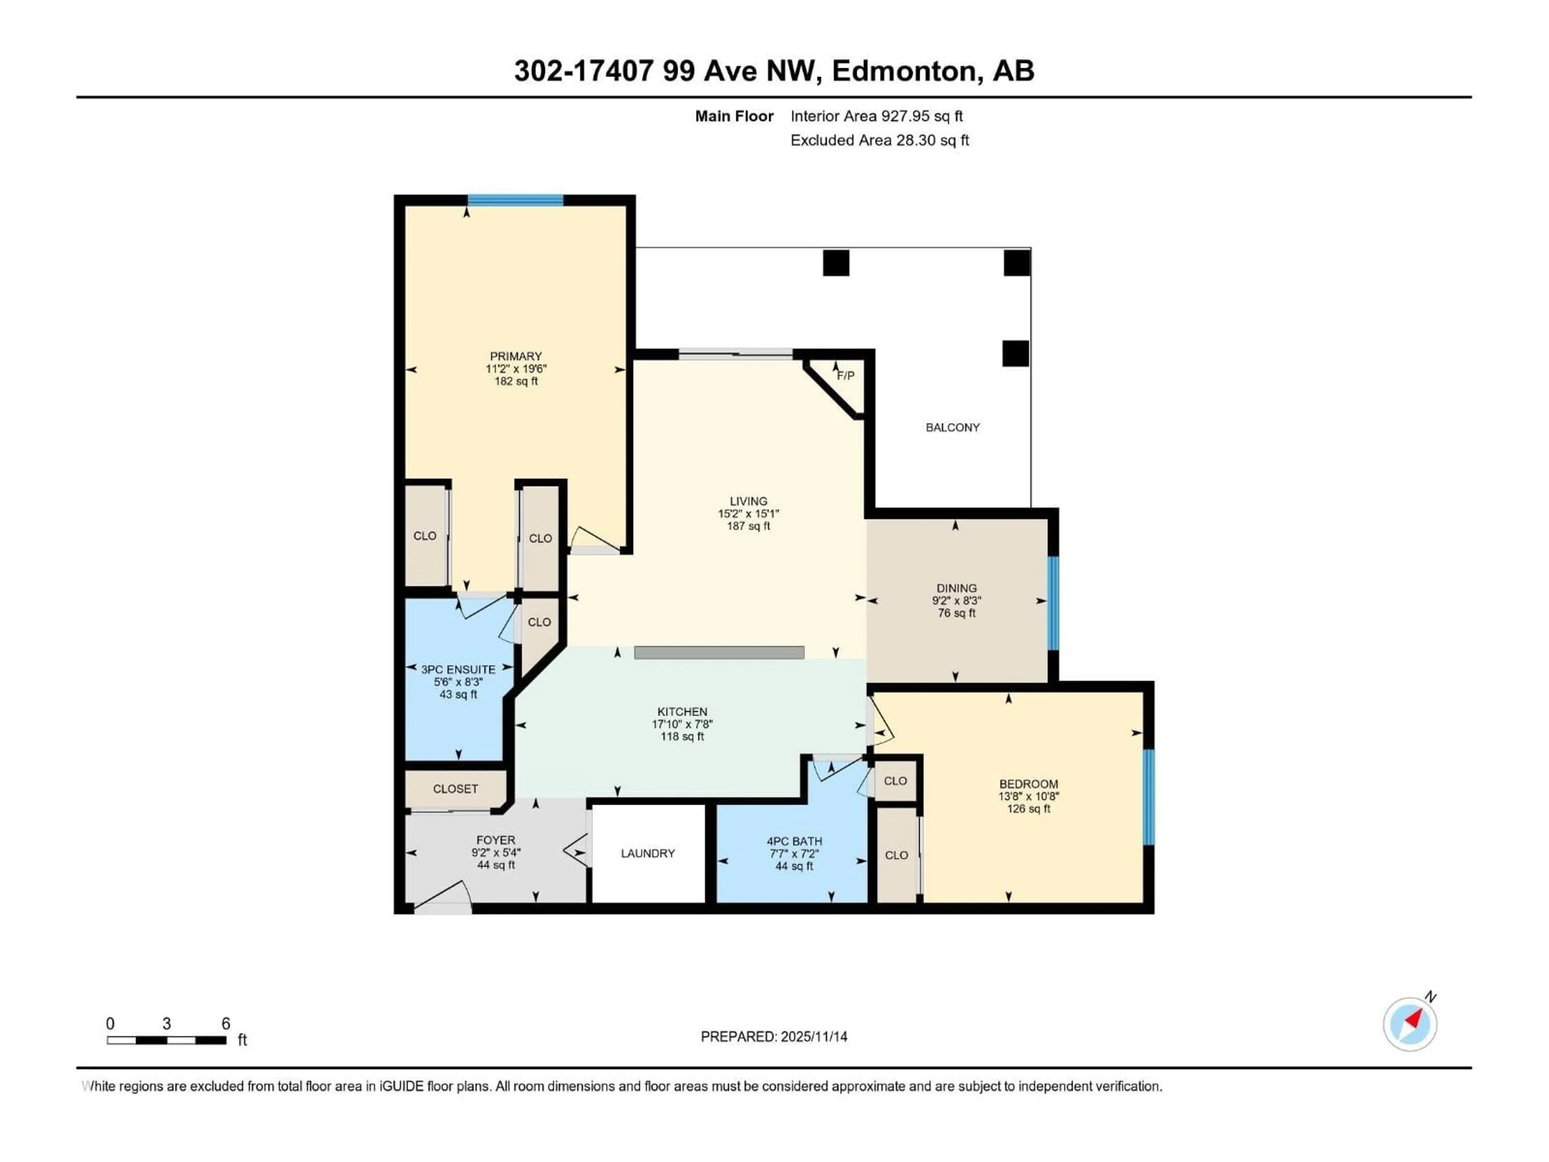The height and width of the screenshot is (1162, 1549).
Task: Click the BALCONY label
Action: [952, 427]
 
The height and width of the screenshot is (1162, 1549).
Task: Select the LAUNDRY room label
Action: [648, 853]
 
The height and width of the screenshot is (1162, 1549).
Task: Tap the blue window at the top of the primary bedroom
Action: [516, 200]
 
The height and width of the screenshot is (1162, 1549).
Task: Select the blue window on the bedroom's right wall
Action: [1148, 797]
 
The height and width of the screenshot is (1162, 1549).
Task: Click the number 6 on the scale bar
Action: [225, 1023]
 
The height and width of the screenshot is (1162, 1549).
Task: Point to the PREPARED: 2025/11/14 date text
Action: [774, 1037]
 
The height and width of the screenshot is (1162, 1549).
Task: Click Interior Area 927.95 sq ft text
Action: [877, 116]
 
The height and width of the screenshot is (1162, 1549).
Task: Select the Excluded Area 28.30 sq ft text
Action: [879, 140]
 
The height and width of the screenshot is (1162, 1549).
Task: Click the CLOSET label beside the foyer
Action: [455, 789]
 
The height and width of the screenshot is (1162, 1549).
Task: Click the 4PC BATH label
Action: [794, 841]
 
